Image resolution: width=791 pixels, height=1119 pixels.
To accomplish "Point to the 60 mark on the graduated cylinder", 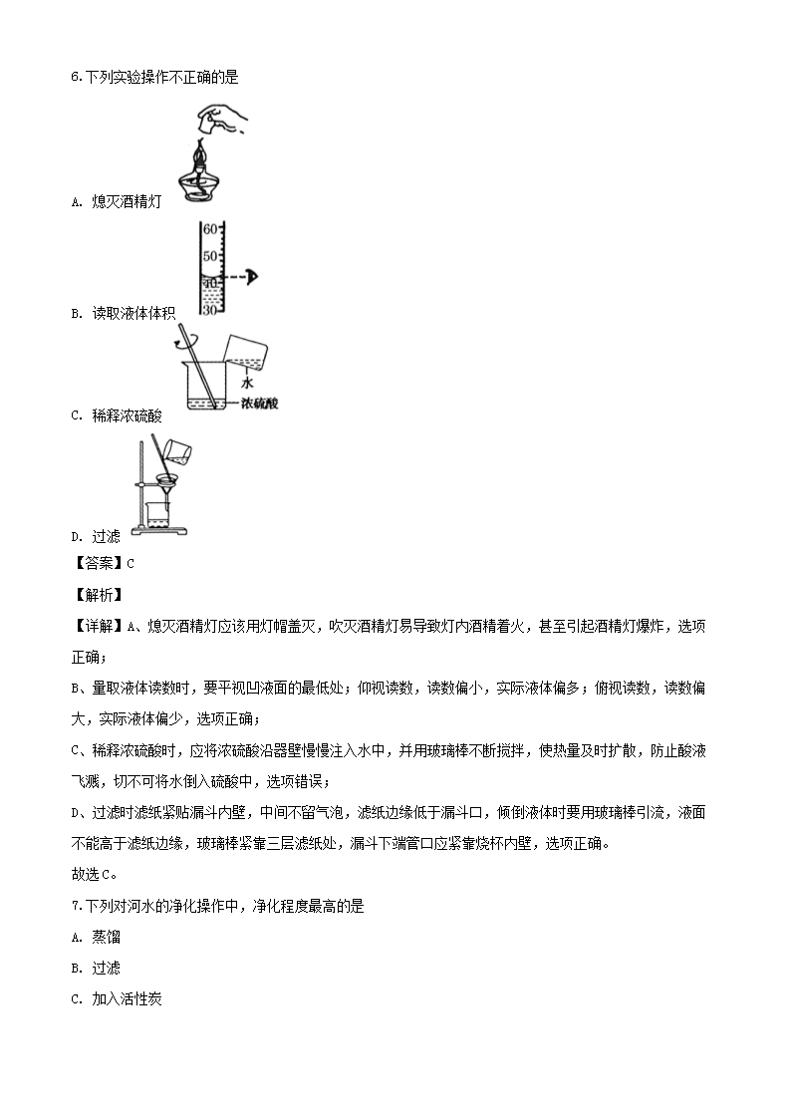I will pyautogui.click(x=210, y=229).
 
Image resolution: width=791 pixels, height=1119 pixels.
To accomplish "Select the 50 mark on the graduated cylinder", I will pyautogui.click(x=210, y=256).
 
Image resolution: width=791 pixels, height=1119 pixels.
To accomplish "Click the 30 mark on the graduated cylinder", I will pyautogui.click(x=210, y=310).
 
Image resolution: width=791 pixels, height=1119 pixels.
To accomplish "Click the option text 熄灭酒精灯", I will pyautogui.click(x=126, y=201).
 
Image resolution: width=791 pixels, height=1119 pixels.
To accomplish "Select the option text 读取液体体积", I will pyautogui.click(x=133, y=313).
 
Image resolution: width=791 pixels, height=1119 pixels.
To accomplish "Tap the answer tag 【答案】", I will pyautogui.click(x=96, y=563).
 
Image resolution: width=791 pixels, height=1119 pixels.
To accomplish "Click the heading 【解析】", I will pyautogui.click(x=96, y=595).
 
